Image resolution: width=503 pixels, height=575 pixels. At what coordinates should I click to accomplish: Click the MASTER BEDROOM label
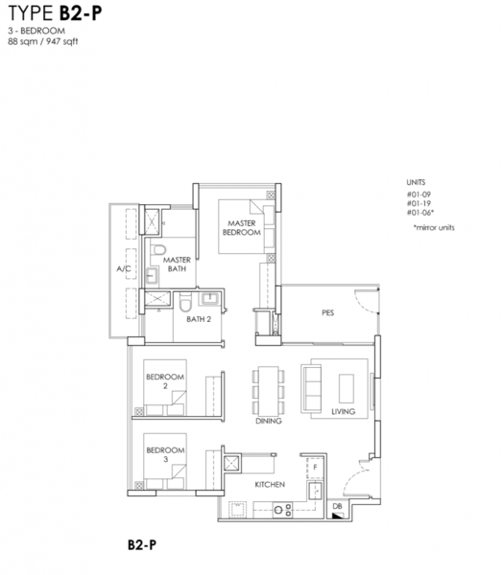tap(241, 228)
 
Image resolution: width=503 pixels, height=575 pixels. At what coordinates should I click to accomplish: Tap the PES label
tap(327, 312)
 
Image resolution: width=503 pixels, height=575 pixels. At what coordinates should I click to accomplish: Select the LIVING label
tap(343, 411)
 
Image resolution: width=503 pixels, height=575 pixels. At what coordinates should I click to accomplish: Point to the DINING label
tap(269, 421)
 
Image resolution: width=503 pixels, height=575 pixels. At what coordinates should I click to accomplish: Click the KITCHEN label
tap(270, 484)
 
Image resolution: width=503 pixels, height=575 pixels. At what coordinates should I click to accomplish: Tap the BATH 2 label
tap(199, 319)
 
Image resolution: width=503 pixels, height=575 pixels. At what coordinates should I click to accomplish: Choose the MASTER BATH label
tap(177, 264)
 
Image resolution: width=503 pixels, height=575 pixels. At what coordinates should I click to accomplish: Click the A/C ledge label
tap(124, 268)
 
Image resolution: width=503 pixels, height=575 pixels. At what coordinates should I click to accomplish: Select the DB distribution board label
tap(337, 506)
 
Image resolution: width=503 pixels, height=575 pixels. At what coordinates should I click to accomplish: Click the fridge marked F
tap(315, 468)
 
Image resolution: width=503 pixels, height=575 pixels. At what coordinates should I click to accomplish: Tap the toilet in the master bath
tap(158, 249)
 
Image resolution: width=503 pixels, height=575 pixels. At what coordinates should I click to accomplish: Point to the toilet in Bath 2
tap(185, 302)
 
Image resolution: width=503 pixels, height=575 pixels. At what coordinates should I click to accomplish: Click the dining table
tap(268, 391)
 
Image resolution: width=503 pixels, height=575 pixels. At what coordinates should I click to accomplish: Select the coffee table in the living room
tap(347, 389)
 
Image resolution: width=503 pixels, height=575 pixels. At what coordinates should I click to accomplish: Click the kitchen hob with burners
tap(282, 510)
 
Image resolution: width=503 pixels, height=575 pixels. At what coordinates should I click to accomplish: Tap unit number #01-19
tap(419, 203)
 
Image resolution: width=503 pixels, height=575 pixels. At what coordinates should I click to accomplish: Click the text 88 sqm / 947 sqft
tap(43, 41)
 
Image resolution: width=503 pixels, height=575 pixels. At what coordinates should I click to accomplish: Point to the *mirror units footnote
tap(434, 227)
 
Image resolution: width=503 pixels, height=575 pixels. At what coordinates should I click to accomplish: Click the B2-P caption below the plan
tap(142, 544)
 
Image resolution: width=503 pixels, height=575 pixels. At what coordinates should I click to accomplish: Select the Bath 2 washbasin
tap(209, 297)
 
